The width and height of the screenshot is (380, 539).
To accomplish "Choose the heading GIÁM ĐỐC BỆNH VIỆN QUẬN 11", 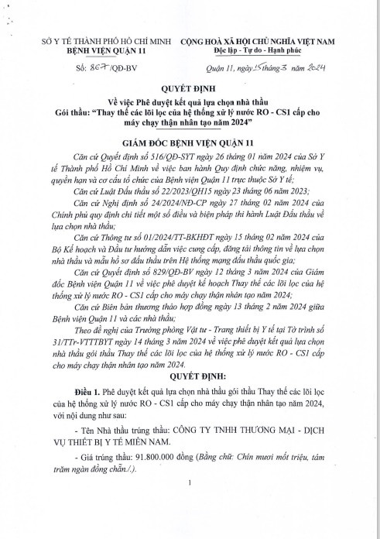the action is pyautogui.click(x=190, y=144).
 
